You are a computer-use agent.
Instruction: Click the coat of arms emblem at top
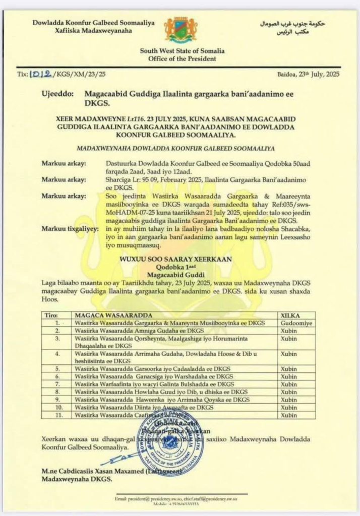coord(181,31)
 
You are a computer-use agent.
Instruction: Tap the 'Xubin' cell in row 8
coord(288,392)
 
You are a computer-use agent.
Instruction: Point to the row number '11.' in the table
coord(58,415)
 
